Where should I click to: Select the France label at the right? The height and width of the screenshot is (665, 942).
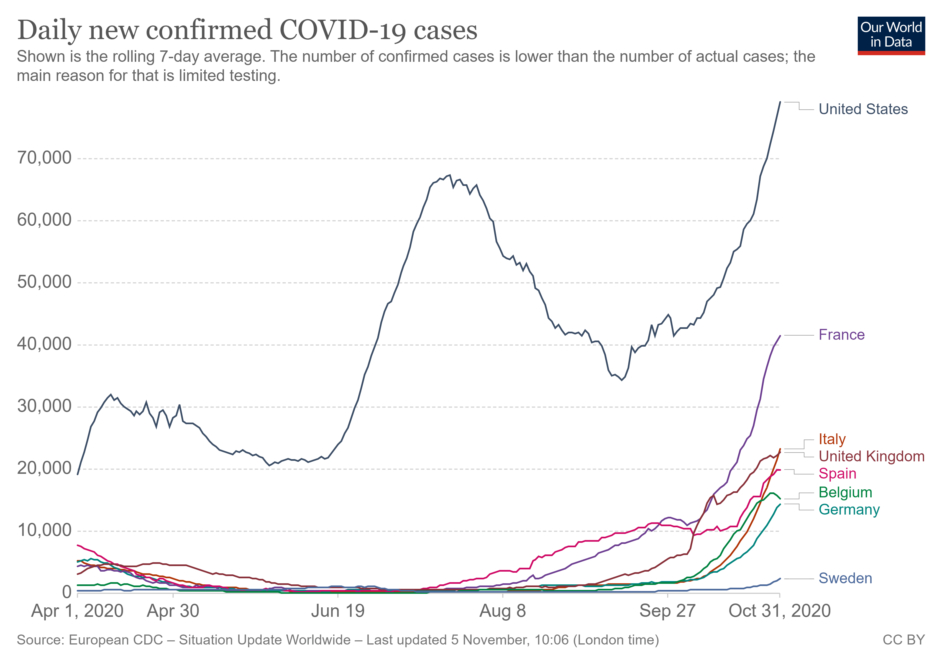pos(841,335)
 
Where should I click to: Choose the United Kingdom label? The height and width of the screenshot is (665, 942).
pos(871,456)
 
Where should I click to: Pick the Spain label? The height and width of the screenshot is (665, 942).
pos(837,474)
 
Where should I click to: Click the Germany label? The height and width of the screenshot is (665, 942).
pos(849,510)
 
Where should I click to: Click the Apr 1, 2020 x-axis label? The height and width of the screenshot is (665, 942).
pos(78,611)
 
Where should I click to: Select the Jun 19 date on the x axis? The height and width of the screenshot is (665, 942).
pos(338,611)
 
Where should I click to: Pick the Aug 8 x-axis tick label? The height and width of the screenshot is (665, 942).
pos(503,611)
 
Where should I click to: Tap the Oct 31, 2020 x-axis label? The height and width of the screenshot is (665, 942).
pos(780,611)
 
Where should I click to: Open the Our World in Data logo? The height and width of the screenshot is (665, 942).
pos(891,35)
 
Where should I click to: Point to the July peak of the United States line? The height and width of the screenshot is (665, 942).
pos(450,175)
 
